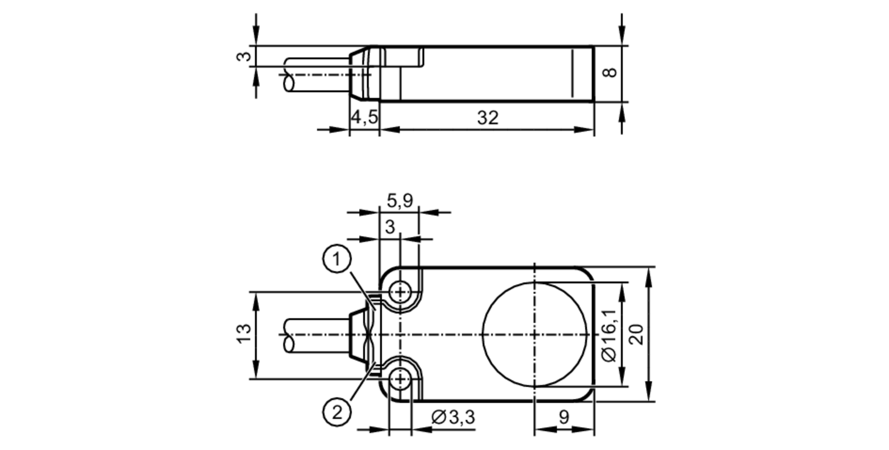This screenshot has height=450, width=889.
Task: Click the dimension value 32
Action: pyautogui.click(x=488, y=118)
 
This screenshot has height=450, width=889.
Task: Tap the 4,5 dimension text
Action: pyautogui.click(x=364, y=117)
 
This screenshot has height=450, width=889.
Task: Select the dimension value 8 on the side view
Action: pyautogui.click(x=610, y=72)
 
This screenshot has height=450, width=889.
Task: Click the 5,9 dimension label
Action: pyautogui.click(x=400, y=201)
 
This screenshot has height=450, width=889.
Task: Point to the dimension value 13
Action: pyautogui.click(x=244, y=334)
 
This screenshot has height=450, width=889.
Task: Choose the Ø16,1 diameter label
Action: pyautogui.click(x=609, y=336)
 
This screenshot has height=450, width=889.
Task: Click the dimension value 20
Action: pyautogui.click(x=637, y=334)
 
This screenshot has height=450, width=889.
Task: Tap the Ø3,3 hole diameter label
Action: pyautogui.click(x=453, y=417)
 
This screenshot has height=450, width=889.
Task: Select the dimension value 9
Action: pyautogui.click(x=564, y=417)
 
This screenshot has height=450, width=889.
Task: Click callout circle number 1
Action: pyautogui.click(x=337, y=258)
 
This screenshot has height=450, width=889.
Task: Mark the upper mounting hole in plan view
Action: pyautogui.click(x=400, y=292)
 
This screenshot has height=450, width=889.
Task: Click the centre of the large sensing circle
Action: pyautogui.click(x=534, y=334)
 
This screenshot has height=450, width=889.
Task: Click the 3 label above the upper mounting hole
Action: pyautogui.click(x=390, y=227)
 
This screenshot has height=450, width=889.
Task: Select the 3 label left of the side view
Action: pyautogui.click(x=244, y=56)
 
